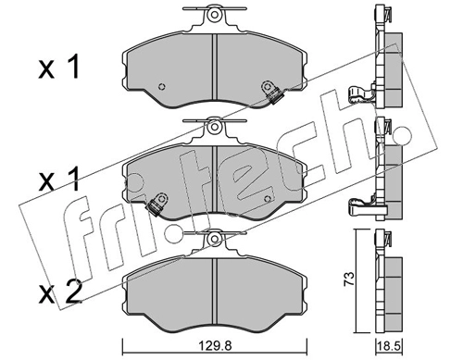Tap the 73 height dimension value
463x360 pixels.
(350, 279)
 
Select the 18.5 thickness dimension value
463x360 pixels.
(389, 347)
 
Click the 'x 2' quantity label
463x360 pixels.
(60, 292)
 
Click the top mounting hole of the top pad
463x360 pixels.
(214, 15)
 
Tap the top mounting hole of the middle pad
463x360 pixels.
(214, 127)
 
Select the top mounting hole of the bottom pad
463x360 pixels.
(214, 239)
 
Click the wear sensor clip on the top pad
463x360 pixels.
(271, 93)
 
